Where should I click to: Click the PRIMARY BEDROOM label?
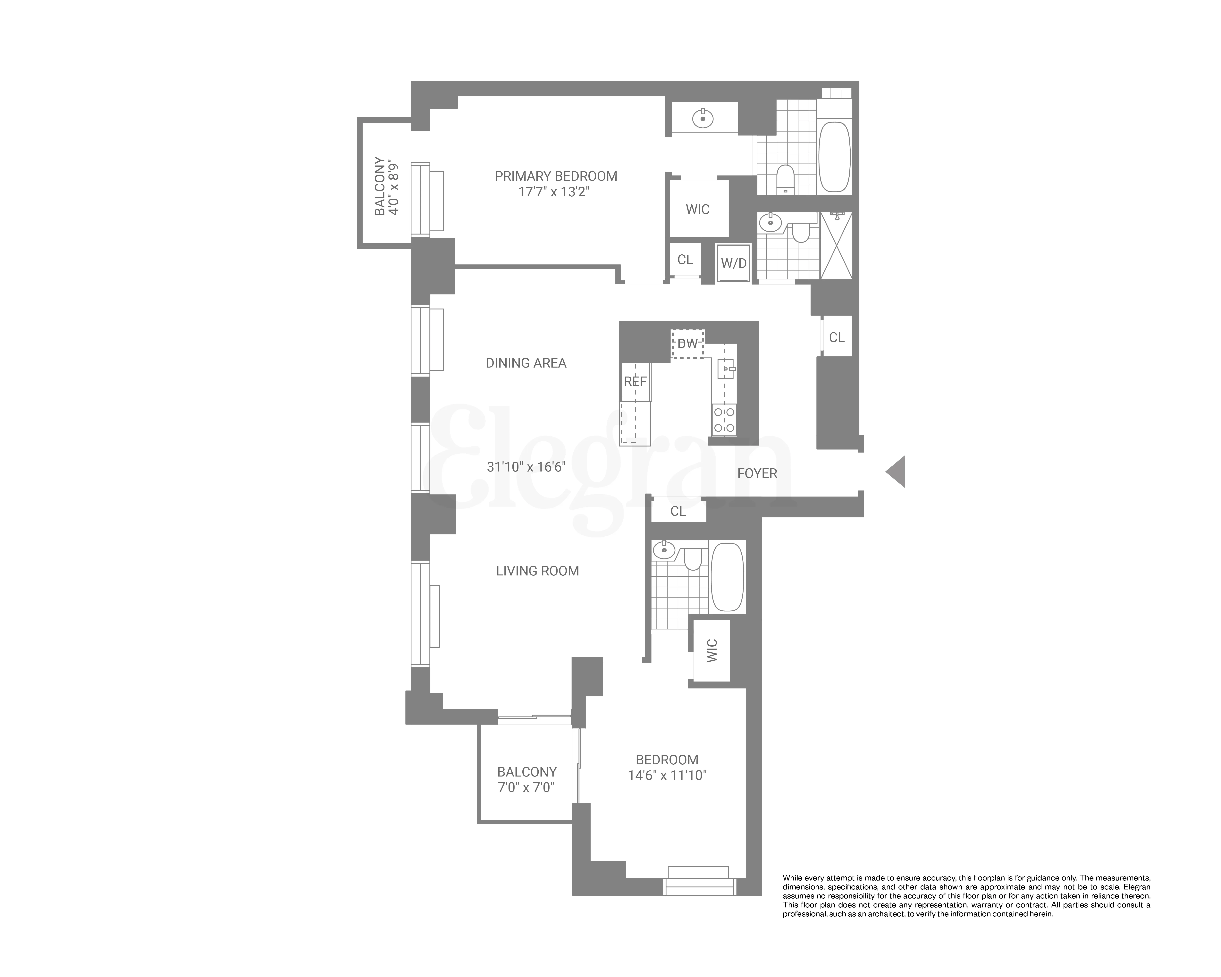coord(556,176)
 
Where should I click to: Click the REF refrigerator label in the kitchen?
coord(635,382)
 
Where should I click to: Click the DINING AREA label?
coord(526,363)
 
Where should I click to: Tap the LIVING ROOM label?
coord(537,571)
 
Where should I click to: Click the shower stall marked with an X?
coord(837,246)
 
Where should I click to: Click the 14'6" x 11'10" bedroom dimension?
coord(667,775)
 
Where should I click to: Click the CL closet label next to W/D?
coord(685,259)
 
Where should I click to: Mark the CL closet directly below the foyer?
coord(678,511)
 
